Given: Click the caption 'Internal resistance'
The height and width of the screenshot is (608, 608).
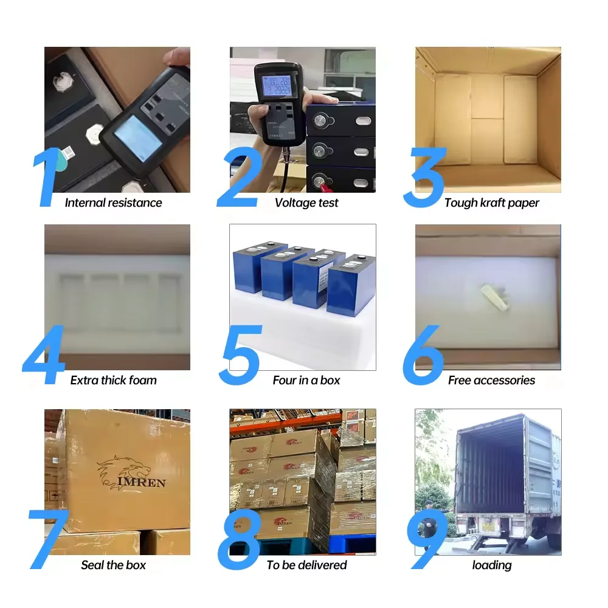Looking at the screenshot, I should tap(114, 203).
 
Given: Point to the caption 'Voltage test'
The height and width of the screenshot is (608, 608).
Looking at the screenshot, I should tap(306, 203).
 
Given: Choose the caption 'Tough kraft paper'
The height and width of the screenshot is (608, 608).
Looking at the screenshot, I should tap(491, 203).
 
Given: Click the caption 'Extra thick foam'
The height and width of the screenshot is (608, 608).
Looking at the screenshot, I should tap(114, 381).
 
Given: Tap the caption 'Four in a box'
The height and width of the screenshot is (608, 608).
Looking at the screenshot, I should tap(306, 381).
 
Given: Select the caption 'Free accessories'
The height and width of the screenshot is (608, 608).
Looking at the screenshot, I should tap(491, 381).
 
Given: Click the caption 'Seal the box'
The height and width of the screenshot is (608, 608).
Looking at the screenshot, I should tap(114, 565).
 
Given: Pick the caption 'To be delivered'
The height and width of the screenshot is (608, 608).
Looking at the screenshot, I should tap(306, 565).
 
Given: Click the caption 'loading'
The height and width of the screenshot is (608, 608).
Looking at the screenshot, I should tap(491, 565).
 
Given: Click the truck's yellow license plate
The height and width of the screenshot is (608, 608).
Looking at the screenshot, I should tap(488, 522).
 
